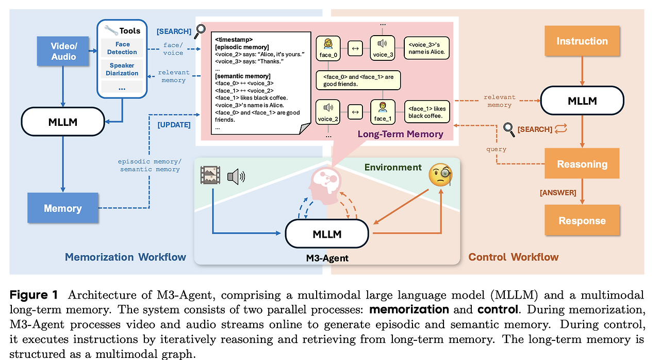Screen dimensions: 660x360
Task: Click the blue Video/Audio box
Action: pyautogui.click(x=63, y=51)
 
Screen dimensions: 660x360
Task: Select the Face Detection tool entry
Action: pyautogui.click(x=122, y=48)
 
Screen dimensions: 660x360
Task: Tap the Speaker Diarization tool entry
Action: pyautogui.click(x=122, y=69)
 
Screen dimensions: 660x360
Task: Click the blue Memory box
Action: pyautogui.click(x=63, y=208)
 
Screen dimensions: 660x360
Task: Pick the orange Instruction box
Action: pyautogui.click(x=582, y=41)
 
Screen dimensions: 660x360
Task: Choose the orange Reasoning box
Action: pyautogui.click(x=582, y=163)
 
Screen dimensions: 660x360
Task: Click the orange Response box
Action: pyautogui.click(x=582, y=220)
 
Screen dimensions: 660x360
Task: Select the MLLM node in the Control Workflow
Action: pyautogui.click(x=582, y=101)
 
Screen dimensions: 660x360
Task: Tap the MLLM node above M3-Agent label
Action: pyautogui.click(x=327, y=234)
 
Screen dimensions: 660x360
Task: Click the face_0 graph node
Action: pyautogui.click(x=328, y=48)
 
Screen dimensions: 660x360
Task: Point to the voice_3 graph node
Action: pyautogui.click(x=383, y=48)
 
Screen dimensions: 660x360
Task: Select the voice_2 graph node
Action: pyautogui.click(x=328, y=112)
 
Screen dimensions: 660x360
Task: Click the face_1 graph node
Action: pyautogui.click(x=383, y=112)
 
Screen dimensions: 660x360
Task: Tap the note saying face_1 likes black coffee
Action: pyautogui.click(x=427, y=112)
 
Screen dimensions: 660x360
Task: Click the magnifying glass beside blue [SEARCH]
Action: pyautogui.click(x=200, y=31)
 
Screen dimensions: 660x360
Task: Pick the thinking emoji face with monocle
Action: pyautogui.click(x=440, y=175)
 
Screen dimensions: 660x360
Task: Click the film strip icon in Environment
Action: pyautogui.click(x=210, y=175)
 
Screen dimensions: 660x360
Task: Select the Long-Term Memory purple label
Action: pyautogui.click(x=400, y=134)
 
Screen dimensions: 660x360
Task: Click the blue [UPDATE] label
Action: pyautogui.click(x=174, y=125)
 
